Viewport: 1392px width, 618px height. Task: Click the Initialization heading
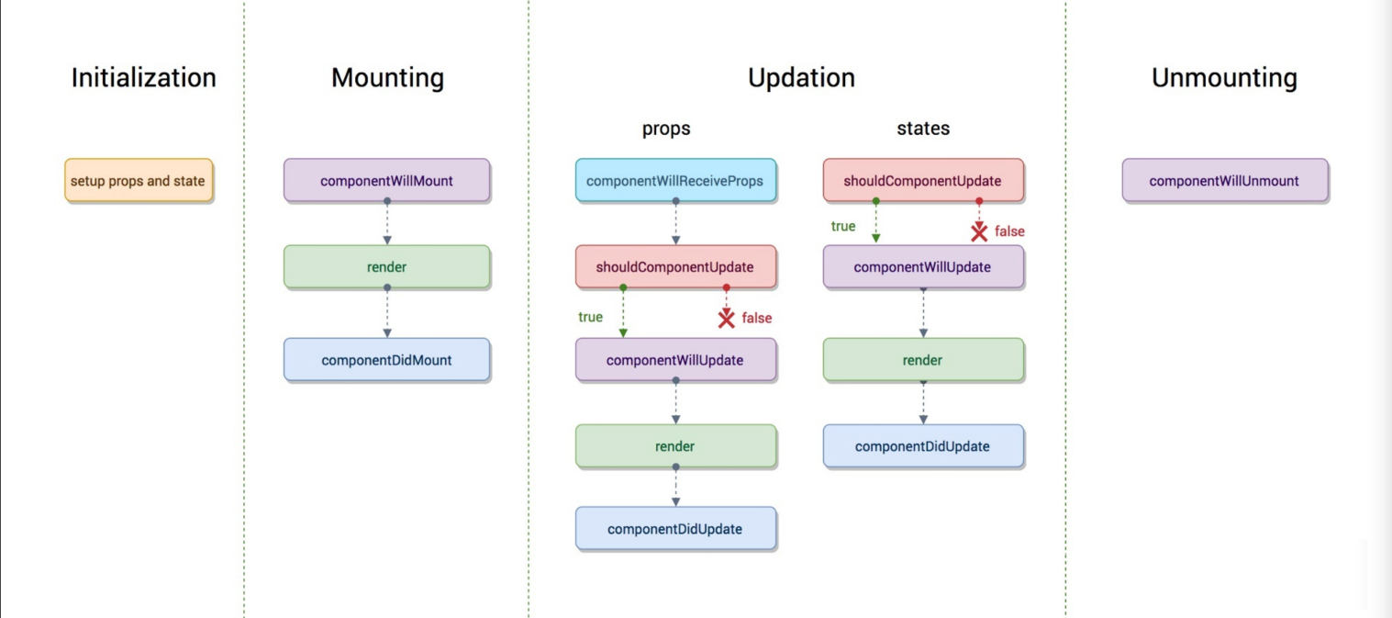click(143, 78)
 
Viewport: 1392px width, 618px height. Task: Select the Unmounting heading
click(1224, 78)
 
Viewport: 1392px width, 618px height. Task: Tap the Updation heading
click(801, 78)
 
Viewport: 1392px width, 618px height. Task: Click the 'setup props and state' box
click(139, 180)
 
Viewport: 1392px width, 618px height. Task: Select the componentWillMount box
click(386, 180)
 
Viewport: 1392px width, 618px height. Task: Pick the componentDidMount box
click(386, 359)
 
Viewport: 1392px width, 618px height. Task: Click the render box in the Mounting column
click(386, 266)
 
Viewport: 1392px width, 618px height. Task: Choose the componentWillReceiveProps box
click(675, 180)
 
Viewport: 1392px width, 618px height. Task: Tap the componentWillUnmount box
click(1225, 180)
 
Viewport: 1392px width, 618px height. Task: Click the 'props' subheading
click(666, 128)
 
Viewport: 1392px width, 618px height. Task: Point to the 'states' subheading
click(923, 128)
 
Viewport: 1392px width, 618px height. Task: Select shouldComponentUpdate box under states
click(923, 180)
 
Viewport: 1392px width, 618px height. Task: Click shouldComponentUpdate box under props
click(675, 266)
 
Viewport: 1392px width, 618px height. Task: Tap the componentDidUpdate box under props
click(675, 529)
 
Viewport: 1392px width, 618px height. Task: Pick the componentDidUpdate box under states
click(923, 445)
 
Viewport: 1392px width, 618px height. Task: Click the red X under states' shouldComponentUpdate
click(979, 232)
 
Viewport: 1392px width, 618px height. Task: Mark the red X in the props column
click(726, 319)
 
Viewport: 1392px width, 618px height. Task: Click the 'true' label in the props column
click(590, 317)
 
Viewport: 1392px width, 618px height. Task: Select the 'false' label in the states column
click(1009, 231)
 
